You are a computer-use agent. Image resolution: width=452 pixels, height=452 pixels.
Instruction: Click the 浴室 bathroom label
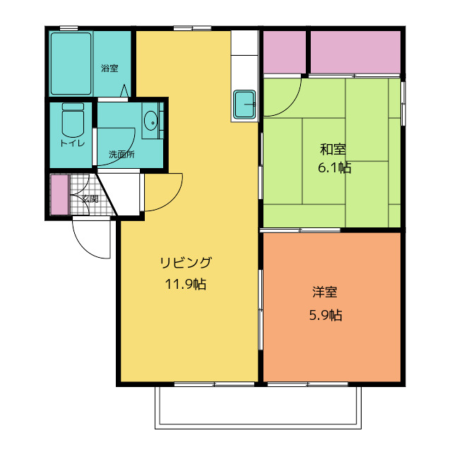[x=109, y=69]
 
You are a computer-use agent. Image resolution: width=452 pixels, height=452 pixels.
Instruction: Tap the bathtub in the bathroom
[x=71, y=63]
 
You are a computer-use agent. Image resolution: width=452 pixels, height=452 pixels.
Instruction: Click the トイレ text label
[x=72, y=143]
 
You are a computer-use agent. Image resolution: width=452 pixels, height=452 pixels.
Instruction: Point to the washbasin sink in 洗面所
[x=151, y=121]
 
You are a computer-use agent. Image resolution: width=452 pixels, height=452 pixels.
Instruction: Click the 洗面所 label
[x=121, y=154]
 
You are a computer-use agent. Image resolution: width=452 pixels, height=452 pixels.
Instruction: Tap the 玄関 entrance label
[x=90, y=199]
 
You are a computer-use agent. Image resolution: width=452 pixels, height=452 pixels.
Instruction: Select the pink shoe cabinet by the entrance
[x=59, y=194]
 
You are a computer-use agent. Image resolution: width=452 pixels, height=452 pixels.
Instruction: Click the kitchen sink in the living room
[x=245, y=105]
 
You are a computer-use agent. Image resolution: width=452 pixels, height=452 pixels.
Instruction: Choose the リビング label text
[x=186, y=263]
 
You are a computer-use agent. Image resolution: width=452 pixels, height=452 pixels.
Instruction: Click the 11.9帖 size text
[x=186, y=285]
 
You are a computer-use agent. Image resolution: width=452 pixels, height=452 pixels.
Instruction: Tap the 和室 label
[x=333, y=149]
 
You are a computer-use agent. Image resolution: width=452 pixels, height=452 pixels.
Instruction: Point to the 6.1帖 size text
[x=334, y=168]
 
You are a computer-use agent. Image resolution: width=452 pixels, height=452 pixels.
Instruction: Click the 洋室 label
[x=325, y=291]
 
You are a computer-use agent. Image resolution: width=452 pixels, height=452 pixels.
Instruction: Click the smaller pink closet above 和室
[x=284, y=52]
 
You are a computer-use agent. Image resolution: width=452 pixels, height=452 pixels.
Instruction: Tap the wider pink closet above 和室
[x=356, y=52]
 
